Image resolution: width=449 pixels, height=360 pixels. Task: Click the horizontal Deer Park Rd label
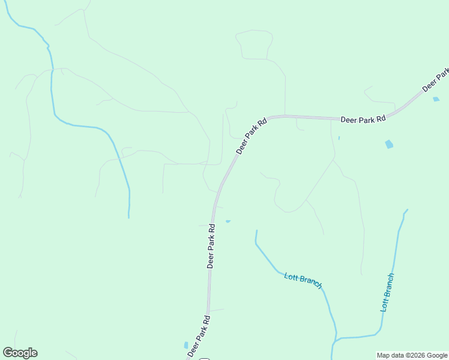363,120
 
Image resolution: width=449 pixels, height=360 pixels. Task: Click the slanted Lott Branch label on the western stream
303,280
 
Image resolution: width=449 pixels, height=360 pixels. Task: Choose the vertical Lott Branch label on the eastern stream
387,292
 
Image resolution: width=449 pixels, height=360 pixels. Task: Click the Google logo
20,353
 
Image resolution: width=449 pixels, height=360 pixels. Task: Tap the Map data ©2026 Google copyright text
412,356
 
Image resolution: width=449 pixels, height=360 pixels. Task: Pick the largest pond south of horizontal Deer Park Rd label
389,144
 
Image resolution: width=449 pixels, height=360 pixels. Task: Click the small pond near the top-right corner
436,99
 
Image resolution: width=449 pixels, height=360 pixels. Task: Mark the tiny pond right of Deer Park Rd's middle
228,221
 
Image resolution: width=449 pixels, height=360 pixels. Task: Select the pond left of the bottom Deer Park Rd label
185,346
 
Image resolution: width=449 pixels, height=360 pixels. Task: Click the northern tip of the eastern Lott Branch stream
407,210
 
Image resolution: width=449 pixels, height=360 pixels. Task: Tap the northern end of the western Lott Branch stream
256,231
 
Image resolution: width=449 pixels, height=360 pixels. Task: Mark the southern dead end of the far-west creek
128,217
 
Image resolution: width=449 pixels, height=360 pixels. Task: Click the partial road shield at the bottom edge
204,358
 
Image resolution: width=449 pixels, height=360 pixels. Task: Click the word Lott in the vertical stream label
385,304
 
